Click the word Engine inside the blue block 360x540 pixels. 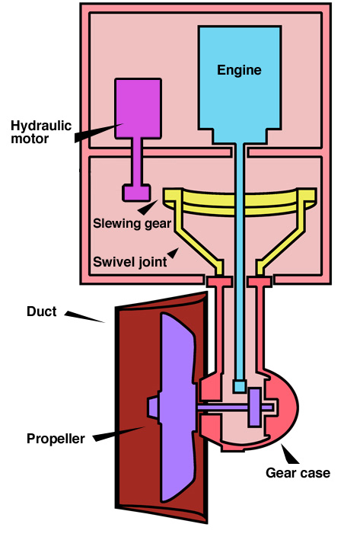239,70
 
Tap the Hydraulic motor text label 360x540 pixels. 41,133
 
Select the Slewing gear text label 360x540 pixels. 132,224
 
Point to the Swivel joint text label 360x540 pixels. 129,262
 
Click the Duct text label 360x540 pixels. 41,312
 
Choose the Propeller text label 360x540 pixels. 56,439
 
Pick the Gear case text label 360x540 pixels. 298,472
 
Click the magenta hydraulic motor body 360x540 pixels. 138,109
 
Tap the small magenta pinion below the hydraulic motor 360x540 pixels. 136,193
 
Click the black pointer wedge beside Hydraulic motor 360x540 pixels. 98,133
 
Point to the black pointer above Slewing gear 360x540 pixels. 148,207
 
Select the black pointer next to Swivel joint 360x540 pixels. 173,253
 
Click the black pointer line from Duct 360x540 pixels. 84,317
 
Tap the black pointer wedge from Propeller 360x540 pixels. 119,434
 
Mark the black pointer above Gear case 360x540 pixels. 290,454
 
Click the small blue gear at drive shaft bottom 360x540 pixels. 240,386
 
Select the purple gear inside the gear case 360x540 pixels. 255,407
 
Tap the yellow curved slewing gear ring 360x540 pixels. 240,203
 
